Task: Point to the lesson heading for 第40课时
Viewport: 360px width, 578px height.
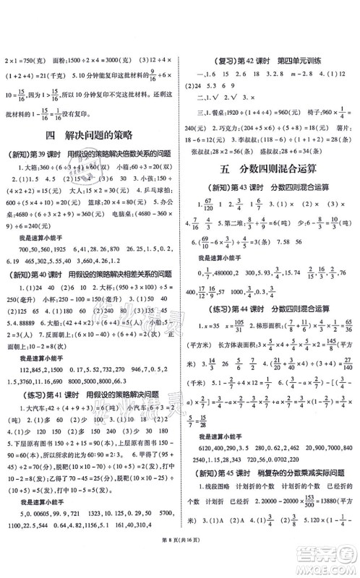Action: click(x=90, y=274)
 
